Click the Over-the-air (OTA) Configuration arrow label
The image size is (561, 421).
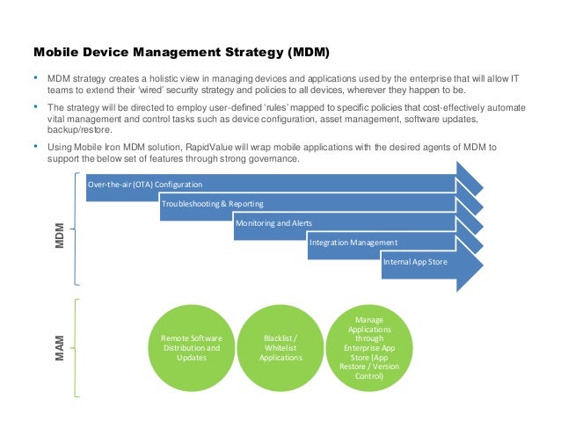pyautogui.click(x=145, y=185)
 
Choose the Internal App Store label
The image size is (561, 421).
pyautogui.click(x=414, y=261)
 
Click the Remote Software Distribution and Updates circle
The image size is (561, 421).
pyautogui.click(x=192, y=348)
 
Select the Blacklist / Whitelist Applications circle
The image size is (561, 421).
pyautogui.click(x=281, y=348)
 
